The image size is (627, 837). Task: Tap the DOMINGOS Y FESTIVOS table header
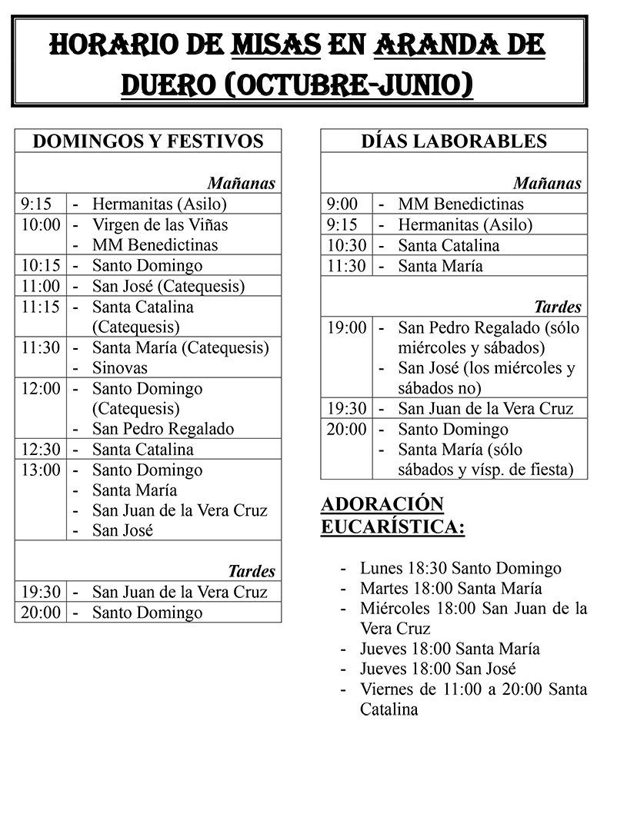(x=148, y=141)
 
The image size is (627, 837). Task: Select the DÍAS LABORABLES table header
(x=454, y=141)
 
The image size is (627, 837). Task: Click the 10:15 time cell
(x=37, y=266)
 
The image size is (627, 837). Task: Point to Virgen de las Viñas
(x=160, y=225)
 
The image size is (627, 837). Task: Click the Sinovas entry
(x=119, y=367)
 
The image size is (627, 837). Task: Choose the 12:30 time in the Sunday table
(x=41, y=450)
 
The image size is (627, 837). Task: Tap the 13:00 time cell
(x=41, y=470)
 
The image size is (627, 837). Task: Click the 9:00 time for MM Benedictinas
(x=342, y=204)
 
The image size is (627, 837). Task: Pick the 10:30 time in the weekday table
(x=346, y=246)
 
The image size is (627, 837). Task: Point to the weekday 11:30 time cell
(x=346, y=266)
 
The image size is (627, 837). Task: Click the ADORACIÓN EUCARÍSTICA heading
(x=392, y=516)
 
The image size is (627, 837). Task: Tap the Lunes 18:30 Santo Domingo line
(x=460, y=569)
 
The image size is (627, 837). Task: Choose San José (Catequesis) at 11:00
(x=168, y=286)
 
